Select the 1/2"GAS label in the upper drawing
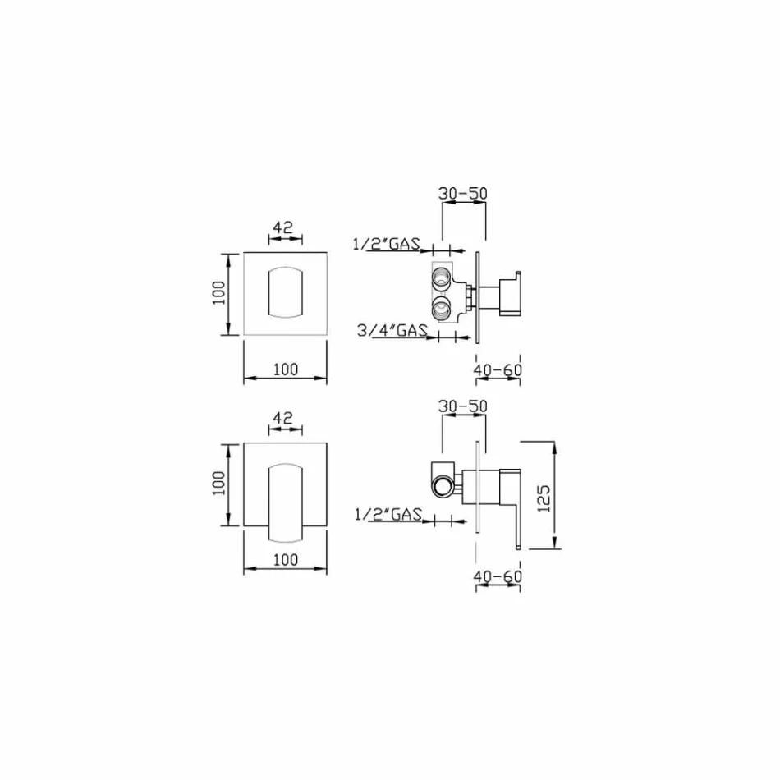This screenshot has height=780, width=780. tap(386, 243)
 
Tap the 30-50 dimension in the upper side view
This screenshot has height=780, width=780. tap(464, 194)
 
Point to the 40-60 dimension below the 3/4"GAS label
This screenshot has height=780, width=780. tap(498, 370)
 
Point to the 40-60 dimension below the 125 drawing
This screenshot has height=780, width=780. tap(498, 576)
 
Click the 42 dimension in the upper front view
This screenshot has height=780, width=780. tap(283, 229)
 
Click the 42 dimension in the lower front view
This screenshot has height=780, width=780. tap(283, 418)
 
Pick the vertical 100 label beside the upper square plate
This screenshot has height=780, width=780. tap(218, 293)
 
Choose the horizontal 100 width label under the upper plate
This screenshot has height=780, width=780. tap(285, 369)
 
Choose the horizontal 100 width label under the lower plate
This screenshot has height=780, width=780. tap(285, 560)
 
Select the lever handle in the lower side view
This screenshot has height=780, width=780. tap(515, 505)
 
